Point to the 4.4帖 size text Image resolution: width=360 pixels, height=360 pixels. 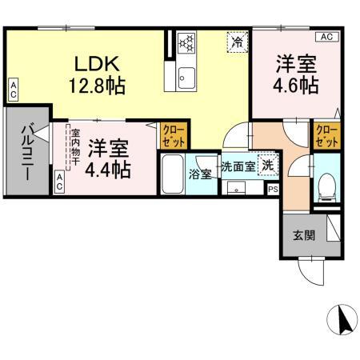109,169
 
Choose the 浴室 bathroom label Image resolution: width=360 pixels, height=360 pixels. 200,173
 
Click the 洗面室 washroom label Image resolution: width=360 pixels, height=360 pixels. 238,166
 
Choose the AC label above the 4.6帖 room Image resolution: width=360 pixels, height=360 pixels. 326,37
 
